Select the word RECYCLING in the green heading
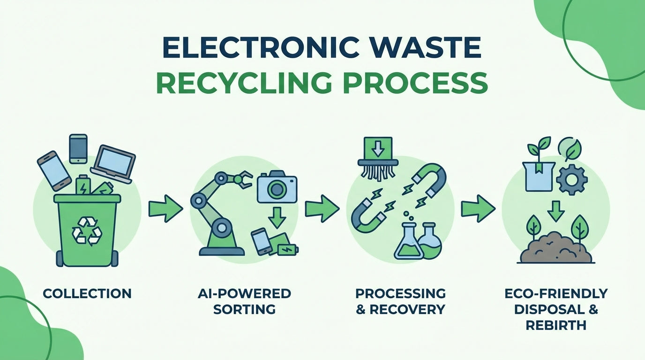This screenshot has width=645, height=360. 237,82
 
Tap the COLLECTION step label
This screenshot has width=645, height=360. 87,294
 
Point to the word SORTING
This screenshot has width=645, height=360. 244,309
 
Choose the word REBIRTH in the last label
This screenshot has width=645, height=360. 556,325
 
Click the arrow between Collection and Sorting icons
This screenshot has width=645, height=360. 165,209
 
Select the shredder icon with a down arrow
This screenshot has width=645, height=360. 377,158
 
